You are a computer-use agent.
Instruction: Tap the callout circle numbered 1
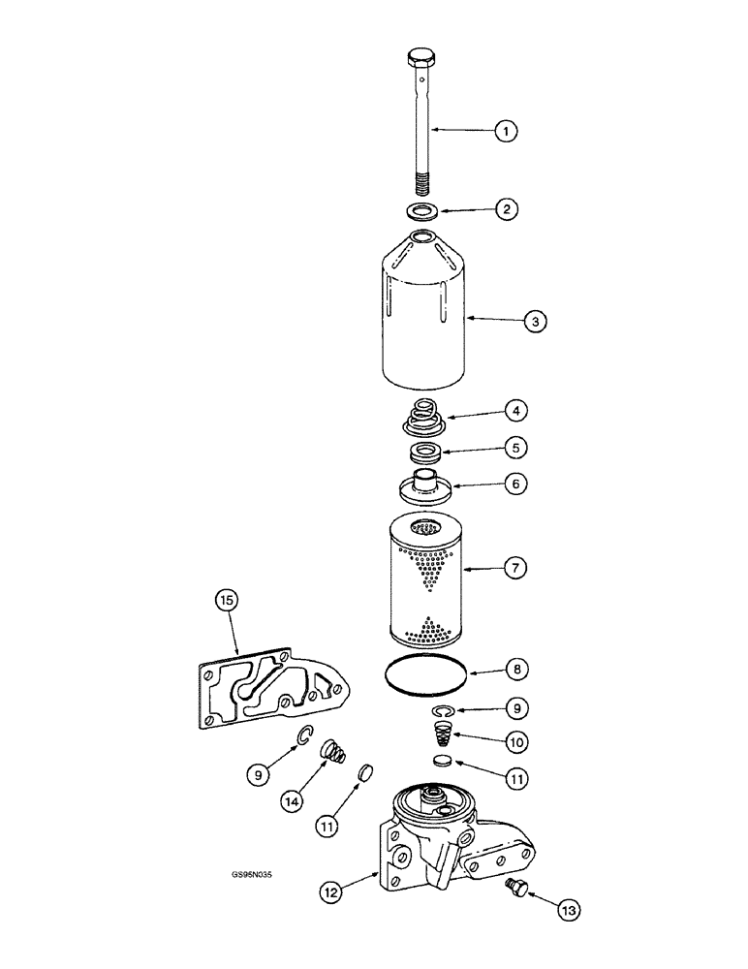(x=505, y=130)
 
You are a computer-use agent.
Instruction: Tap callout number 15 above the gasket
(x=226, y=602)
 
